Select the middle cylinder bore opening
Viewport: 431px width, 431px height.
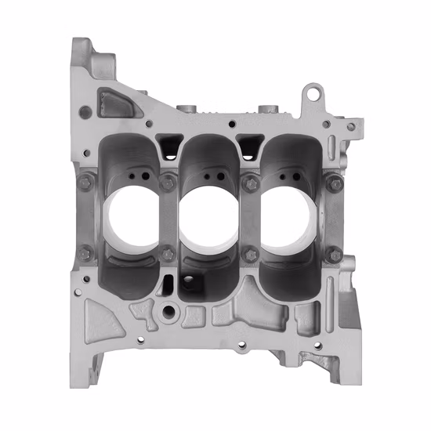click(x=208, y=219)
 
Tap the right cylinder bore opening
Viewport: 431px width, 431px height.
click(x=288, y=219)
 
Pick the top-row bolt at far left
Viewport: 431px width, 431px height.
click(x=85, y=184)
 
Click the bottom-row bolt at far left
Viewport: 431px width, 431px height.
click(x=85, y=252)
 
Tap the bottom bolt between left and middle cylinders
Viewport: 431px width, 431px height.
click(x=167, y=253)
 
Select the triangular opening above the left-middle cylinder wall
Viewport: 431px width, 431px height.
click(x=168, y=143)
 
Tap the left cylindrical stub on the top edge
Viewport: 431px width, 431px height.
click(x=185, y=109)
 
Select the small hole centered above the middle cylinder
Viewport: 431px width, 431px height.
click(x=231, y=124)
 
